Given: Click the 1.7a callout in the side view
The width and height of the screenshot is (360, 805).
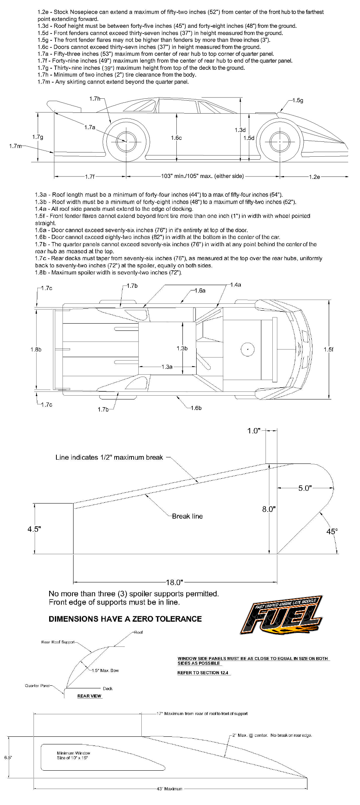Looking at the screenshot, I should pyautogui.click(x=90, y=127).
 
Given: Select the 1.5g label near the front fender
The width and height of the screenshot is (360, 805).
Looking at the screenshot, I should pyautogui.click(x=298, y=100).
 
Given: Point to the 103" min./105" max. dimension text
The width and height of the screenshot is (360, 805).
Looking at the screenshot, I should pyautogui.click(x=202, y=176).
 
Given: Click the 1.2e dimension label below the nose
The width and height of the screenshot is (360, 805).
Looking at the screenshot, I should pyautogui.click(x=314, y=177).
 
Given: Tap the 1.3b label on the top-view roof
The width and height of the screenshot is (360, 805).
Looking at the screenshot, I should pyautogui.click(x=182, y=348).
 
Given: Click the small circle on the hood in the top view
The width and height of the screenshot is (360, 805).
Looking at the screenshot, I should pyautogui.click(x=248, y=349).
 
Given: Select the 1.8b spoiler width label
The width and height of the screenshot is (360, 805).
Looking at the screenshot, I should pyautogui.click(x=36, y=350).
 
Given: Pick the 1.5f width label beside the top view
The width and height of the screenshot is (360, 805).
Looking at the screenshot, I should pyautogui.click(x=328, y=350).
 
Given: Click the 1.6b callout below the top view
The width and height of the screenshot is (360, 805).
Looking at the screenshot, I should pyautogui.click(x=196, y=408).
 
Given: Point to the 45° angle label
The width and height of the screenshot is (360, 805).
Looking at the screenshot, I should pyautogui.click(x=332, y=531).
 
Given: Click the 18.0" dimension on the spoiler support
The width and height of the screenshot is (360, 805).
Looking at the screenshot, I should pyautogui.click(x=175, y=582).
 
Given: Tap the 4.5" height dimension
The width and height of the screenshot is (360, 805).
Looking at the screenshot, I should pyautogui.click(x=34, y=529).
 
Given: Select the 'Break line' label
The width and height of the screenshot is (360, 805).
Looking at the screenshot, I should pyautogui.click(x=187, y=516).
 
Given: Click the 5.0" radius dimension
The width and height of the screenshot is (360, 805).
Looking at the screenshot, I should pyautogui.click(x=305, y=488).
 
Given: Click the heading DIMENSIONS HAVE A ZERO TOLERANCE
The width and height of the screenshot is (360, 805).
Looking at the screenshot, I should pyautogui.click(x=125, y=619).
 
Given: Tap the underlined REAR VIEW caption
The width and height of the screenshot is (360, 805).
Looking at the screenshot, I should pyautogui.click(x=89, y=696).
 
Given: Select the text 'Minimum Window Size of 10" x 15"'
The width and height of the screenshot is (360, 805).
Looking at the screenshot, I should pyautogui.click(x=73, y=755).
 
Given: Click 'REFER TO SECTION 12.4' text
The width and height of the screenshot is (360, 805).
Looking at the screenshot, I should pyautogui.click(x=203, y=673).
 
